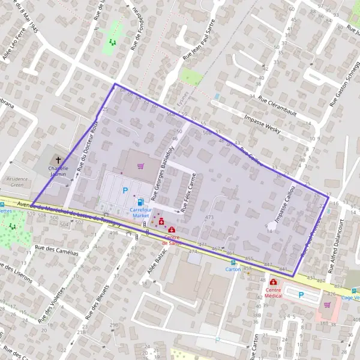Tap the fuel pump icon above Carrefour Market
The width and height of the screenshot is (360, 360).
point(140,202)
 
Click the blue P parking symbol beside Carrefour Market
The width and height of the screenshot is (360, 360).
point(125,190)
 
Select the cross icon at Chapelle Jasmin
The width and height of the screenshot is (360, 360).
point(58,160)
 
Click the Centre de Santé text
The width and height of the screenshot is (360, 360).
point(172,239)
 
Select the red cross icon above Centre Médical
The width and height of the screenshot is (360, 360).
point(274,282)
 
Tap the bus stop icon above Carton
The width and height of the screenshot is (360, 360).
point(233,262)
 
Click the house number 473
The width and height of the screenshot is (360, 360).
point(209,217)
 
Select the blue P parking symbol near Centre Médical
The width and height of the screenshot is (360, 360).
point(301,295)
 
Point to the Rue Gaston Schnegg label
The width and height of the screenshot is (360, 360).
point(343,89)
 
